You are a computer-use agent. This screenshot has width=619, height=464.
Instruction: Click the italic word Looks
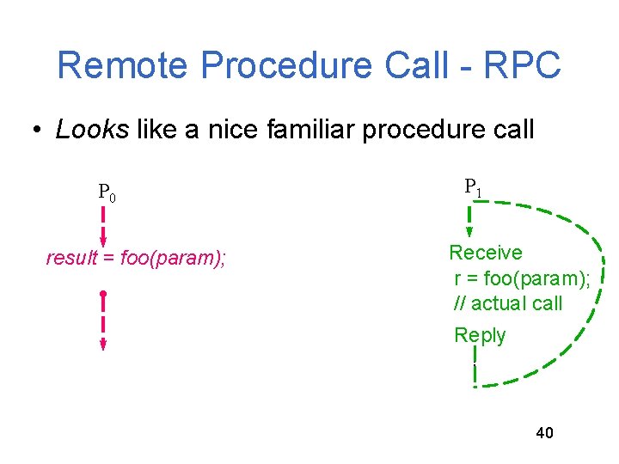point(92,130)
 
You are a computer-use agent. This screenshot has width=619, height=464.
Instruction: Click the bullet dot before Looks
point(36,131)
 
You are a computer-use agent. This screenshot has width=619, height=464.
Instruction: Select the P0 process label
point(107,192)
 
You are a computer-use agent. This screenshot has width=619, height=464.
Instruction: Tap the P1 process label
point(473,186)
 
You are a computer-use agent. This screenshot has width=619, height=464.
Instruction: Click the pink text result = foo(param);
point(136,258)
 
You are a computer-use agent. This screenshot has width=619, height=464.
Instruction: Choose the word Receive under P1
point(486,253)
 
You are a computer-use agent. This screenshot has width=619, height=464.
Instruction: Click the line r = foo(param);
point(521,278)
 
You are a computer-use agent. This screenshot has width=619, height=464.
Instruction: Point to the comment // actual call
point(508,302)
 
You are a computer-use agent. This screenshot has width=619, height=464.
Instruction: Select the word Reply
point(480,335)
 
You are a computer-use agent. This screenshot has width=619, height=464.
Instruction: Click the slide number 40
point(544,432)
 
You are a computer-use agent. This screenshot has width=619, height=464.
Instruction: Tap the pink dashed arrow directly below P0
point(103,225)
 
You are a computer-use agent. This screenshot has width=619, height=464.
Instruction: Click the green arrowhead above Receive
point(470,230)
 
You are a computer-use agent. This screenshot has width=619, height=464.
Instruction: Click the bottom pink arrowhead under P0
point(103,345)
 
